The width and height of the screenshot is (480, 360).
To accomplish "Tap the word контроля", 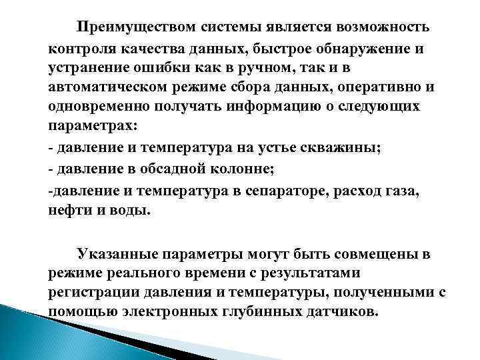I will pyautogui.click(x=79, y=47).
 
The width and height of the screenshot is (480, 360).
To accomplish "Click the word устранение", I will pyautogui.click(x=88, y=67).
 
